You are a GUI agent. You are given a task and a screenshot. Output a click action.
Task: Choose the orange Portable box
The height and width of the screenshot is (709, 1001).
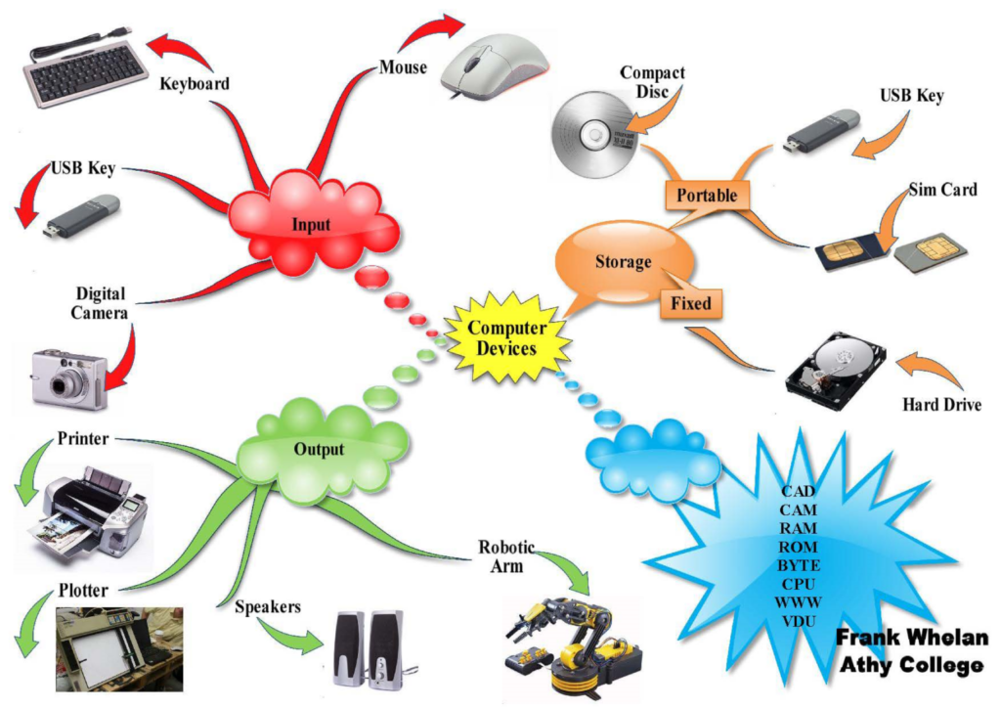tap(706, 195)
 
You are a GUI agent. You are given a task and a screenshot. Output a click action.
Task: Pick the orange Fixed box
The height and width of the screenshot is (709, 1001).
tap(690, 303)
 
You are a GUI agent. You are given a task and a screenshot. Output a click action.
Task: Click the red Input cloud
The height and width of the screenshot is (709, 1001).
tap(311, 224)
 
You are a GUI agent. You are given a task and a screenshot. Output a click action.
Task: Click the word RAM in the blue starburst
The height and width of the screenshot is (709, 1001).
tap(799, 528)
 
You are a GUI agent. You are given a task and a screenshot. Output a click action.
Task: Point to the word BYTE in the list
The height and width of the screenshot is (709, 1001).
tap(799, 565)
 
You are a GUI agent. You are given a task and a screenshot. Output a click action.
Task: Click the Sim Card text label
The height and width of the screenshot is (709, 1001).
tap(942, 190)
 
